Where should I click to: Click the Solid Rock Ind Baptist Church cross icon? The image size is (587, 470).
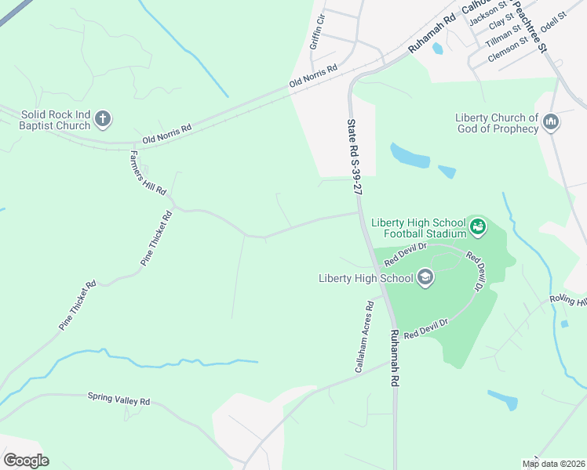coord(102,120)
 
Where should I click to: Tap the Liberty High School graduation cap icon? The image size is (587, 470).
coord(425,277)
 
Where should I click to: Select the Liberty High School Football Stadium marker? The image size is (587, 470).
coord(477,228)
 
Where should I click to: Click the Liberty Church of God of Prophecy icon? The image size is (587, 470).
coord(550,122)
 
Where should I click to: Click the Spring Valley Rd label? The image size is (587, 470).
coord(118,399)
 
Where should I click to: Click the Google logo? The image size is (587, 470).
coord(26,461)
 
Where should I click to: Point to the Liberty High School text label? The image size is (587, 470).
coord(366,278)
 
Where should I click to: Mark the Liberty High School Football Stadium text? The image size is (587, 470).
coord(424,227)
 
